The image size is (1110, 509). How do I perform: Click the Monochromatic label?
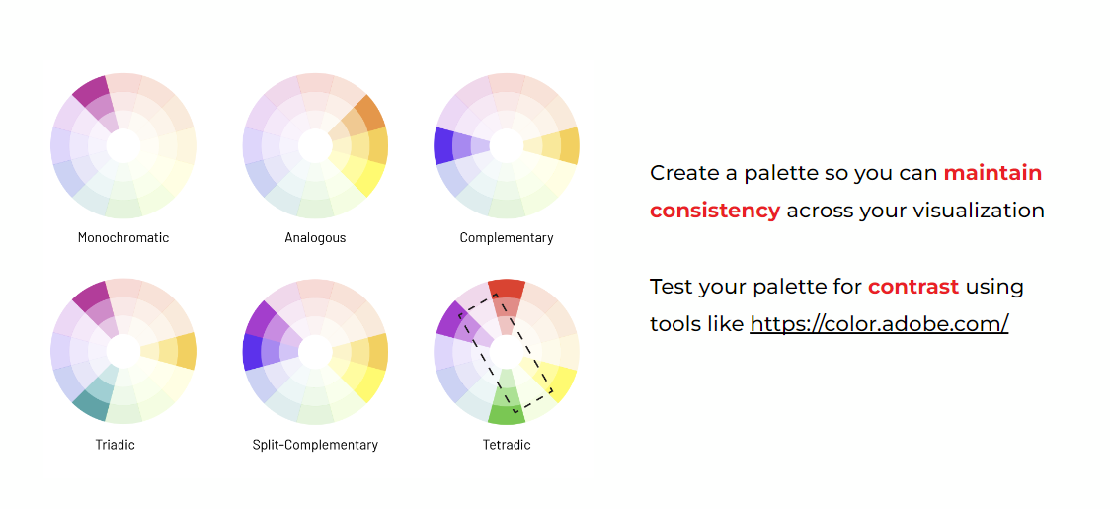123,237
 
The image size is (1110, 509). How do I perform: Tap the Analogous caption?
315,237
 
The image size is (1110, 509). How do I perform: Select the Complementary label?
507,237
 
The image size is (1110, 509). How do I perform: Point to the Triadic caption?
115,445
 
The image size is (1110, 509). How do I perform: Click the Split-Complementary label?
315,445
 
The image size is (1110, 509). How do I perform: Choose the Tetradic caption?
507,445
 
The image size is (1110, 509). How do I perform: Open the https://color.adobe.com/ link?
879,324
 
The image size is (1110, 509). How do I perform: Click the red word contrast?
913,287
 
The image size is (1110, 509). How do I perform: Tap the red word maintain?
992,173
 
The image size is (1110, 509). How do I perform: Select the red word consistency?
715,211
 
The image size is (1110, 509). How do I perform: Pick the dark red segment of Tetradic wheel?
507,290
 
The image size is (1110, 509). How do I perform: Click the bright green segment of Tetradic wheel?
507,415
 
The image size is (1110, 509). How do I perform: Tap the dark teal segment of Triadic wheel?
91,405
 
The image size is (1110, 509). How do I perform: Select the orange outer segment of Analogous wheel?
369,112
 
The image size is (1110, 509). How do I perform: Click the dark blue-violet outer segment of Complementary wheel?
443,145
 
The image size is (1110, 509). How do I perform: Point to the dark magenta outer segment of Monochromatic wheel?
91,91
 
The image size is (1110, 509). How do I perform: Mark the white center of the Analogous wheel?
315,145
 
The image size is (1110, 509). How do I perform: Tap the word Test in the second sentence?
672,287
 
